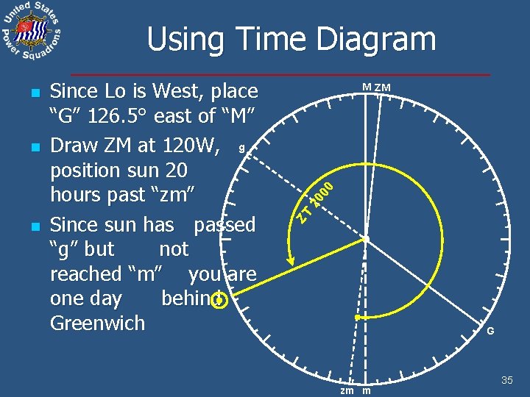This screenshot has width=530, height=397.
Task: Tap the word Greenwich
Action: [x=97, y=323]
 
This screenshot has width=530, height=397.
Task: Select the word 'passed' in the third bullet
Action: [x=225, y=224]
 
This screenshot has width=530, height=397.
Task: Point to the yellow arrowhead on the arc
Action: [x=291, y=260]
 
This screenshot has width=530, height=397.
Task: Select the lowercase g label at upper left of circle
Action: [x=241, y=147]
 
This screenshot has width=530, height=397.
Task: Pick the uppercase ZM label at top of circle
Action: [x=382, y=88]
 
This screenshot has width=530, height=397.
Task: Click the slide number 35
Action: [x=506, y=380]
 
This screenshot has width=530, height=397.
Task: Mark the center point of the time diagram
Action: [x=365, y=239]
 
